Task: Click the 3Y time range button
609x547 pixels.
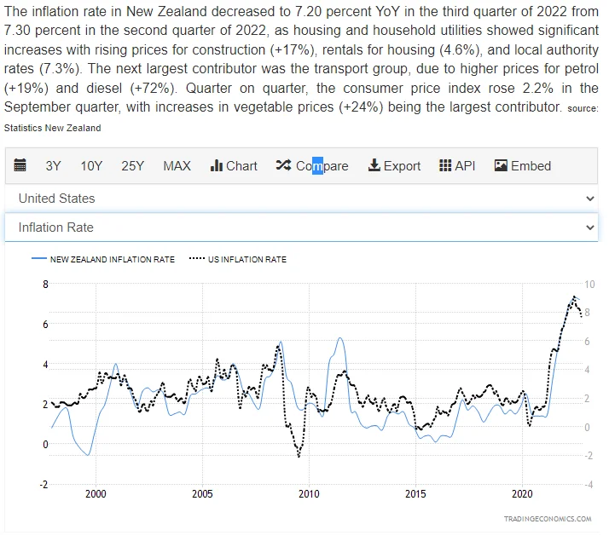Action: tap(53, 166)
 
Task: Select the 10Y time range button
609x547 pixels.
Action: tap(91, 166)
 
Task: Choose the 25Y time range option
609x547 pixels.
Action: tap(132, 166)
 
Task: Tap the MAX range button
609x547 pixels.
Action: tap(177, 166)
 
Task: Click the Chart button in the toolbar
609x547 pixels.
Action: tap(234, 166)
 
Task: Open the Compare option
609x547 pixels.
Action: tap(312, 166)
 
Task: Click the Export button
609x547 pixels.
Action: tap(394, 166)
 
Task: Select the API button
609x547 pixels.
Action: tap(457, 166)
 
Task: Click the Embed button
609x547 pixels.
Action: tap(523, 166)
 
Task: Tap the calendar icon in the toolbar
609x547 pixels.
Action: tap(20, 165)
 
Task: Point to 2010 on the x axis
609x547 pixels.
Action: tap(309, 493)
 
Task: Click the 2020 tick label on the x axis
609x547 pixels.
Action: tap(522, 493)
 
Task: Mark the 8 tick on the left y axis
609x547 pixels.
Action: tap(45, 284)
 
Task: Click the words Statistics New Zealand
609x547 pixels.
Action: tap(52, 128)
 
